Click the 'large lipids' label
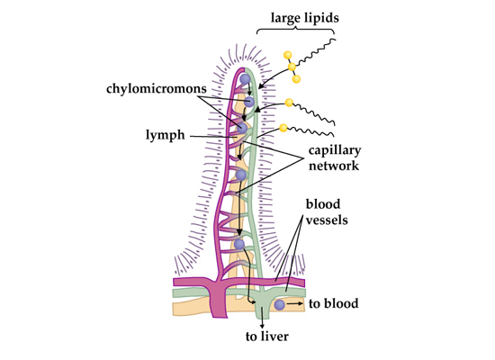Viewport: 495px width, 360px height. coord(304,18)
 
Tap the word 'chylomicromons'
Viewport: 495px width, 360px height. coord(157,89)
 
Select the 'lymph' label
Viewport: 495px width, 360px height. coord(165,135)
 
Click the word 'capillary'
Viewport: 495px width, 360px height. coord(335,150)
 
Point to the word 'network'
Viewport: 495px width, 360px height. coord(334,166)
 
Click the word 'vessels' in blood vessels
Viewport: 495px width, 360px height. coord(327,220)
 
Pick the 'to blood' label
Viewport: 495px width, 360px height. coord(333,304)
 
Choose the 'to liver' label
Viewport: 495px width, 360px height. coord(267,337)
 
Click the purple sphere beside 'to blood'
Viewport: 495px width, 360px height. coord(279,305)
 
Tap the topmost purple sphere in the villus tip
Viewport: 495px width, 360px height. coord(246,79)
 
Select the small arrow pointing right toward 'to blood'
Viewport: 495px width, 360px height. coord(294,304)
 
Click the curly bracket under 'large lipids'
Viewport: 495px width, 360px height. coord(295,31)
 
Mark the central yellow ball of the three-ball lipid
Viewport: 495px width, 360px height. coord(292,67)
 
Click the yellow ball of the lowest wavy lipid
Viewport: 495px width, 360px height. coord(283,128)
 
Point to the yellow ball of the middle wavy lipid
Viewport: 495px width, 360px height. coord(289,103)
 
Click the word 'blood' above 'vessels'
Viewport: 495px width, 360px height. coord(323,204)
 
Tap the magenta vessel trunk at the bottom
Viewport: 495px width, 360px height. coord(219,299)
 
